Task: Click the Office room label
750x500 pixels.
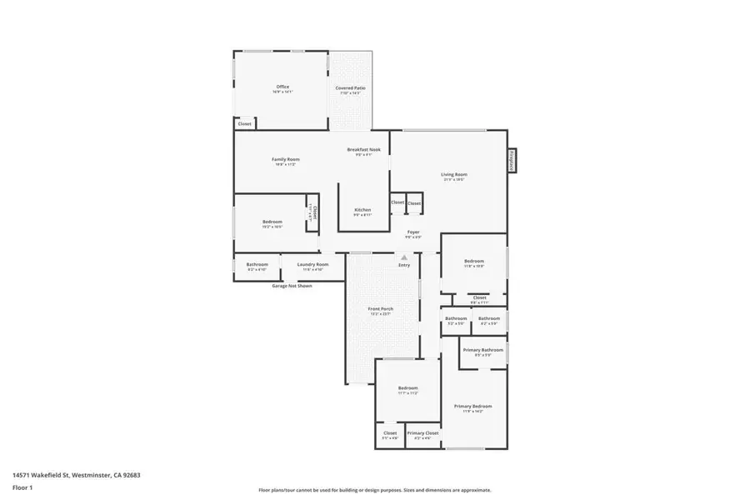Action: [282, 87]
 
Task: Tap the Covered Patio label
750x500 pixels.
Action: [351, 87]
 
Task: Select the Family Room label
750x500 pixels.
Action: [286, 159]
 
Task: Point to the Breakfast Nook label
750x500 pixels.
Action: [363, 149]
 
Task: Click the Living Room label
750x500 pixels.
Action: [454, 174]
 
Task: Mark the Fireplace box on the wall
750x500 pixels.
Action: [512, 162]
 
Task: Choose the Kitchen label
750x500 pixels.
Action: [362, 210]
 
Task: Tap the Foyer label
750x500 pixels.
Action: [413, 232]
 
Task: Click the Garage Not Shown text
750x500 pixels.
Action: [292, 286]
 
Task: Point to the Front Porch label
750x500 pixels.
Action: [381, 309]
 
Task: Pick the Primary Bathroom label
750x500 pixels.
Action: [483, 350]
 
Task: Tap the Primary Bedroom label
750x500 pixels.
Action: [472, 407]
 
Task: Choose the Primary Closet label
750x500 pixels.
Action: [422, 433]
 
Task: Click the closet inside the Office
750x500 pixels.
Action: [244, 124]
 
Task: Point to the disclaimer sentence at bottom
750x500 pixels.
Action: [374, 490]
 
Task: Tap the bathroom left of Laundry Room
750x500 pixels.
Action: [257, 265]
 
